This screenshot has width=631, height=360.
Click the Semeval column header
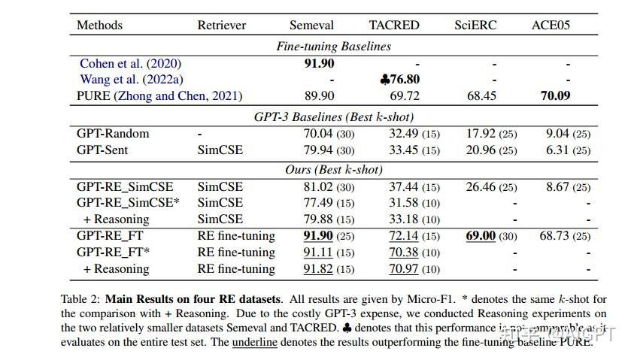coord(313,26)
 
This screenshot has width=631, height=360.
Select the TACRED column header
coord(394,26)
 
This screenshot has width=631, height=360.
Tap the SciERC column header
coord(476,26)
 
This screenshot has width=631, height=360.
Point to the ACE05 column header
coord(551,26)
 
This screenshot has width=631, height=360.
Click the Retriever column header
coord(222,26)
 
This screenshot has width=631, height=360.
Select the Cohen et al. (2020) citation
coord(130,64)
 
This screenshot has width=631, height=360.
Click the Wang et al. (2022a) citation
coord(132,80)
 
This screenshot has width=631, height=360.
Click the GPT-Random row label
coord(113,134)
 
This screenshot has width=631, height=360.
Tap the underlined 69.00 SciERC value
coord(481,236)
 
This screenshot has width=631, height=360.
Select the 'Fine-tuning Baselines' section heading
coord(333,47)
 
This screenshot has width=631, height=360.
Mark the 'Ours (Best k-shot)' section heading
coord(333,170)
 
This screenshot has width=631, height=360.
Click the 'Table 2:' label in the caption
coord(81,299)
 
